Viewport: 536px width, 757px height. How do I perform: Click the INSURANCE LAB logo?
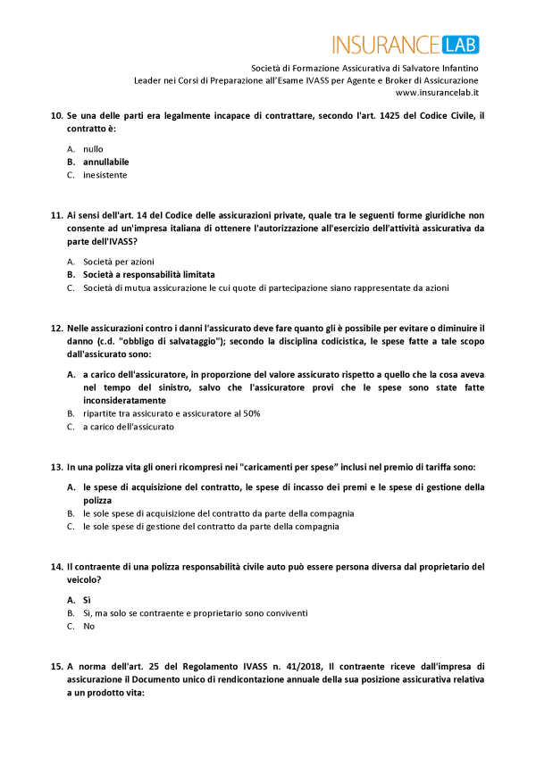pyautogui.click(x=406, y=45)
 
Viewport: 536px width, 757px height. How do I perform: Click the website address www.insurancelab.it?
pyautogui.click(x=437, y=92)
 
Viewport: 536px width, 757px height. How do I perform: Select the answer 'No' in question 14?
pyautogui.click(x=88, y=627)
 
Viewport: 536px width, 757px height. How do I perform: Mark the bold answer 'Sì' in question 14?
pyautogui.click(x=87, y=600)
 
